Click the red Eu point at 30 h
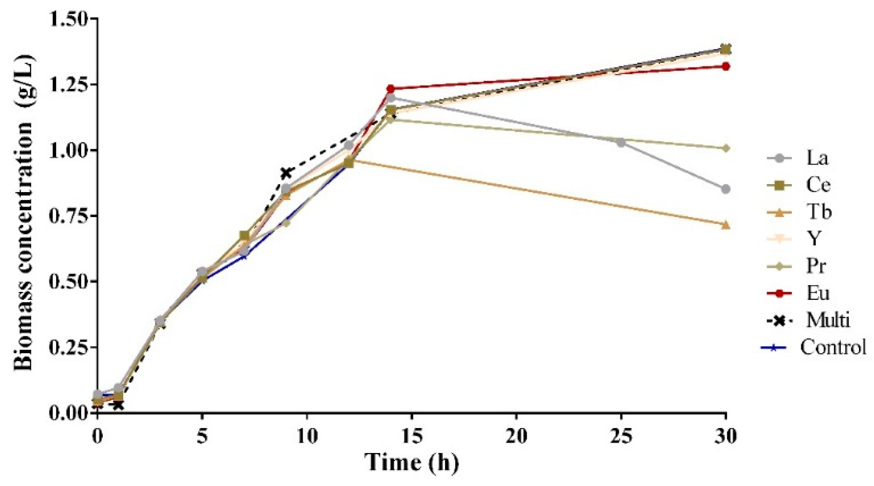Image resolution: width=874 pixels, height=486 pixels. (726, 66)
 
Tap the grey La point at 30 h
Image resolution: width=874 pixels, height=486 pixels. (726, 189)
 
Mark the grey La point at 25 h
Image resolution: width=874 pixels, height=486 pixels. (621, 143)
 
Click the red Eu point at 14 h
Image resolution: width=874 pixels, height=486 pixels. (391, 89)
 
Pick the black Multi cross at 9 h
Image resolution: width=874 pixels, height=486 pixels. (286, 173)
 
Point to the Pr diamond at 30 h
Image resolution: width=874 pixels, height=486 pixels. (726, 148)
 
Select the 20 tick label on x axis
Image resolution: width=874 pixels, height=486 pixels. (517, 437)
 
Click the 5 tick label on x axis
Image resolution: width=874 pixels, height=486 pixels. (202, 437)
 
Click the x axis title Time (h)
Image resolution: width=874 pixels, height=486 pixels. (412, 463)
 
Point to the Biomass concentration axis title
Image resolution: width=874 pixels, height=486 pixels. (24, 213)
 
